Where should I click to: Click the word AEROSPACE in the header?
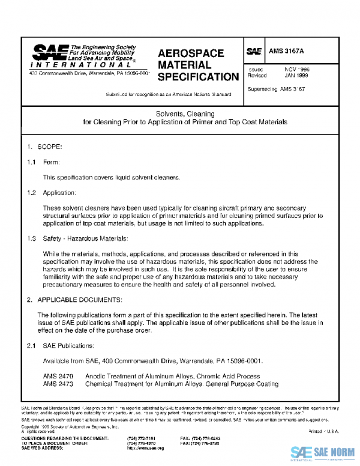click(190, 53)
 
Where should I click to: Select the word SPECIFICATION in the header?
click(197, 77)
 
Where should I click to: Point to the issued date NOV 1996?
click(297, 70)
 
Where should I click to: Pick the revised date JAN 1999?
click(297, 76)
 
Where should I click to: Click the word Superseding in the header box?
click(262, 89)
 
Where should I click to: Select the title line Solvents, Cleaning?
click(185, 113)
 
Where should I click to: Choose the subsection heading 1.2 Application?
click(51, 193)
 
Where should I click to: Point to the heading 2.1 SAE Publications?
click(60, 345)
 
